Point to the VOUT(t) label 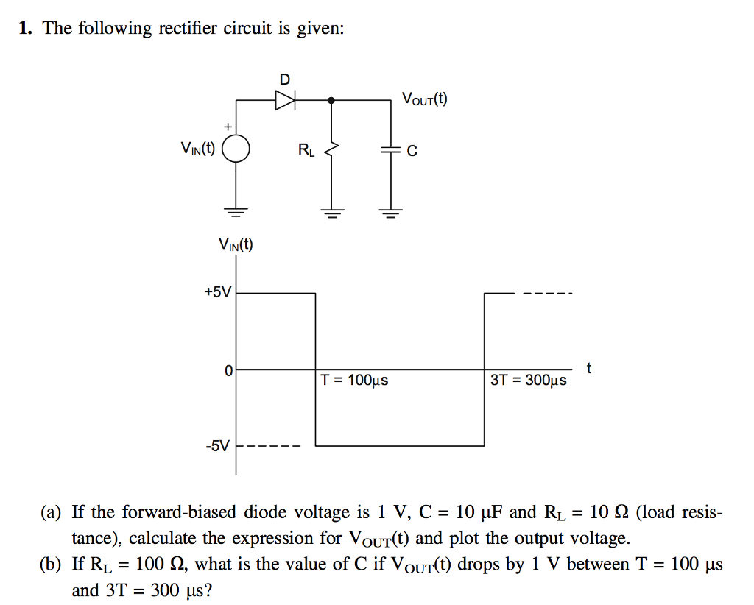pyautogui.click(x=424, y=99)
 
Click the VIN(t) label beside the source pyautogui.click(x=197, y=149)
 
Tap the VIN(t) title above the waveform pyautogui.click(x=235, y=245)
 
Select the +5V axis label pyautogui.click(x=217, y=292)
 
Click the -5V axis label pyautogui.click(x=217, y=445)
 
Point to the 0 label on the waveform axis pyautogui.click(x=229, y=370)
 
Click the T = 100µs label pyautogui.click(x=354, y=381)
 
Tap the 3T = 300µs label pyautogui.click(x=528, y=381)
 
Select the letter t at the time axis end pyautogui.click(x=588, y=366)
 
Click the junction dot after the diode pyautogui.click(x=331, y=100)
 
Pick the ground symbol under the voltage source pyautogui.click(x=236, y=213)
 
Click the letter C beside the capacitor pyautogui.click(x=412, y=151)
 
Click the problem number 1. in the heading pyautogui.click(x=26, y=29)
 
